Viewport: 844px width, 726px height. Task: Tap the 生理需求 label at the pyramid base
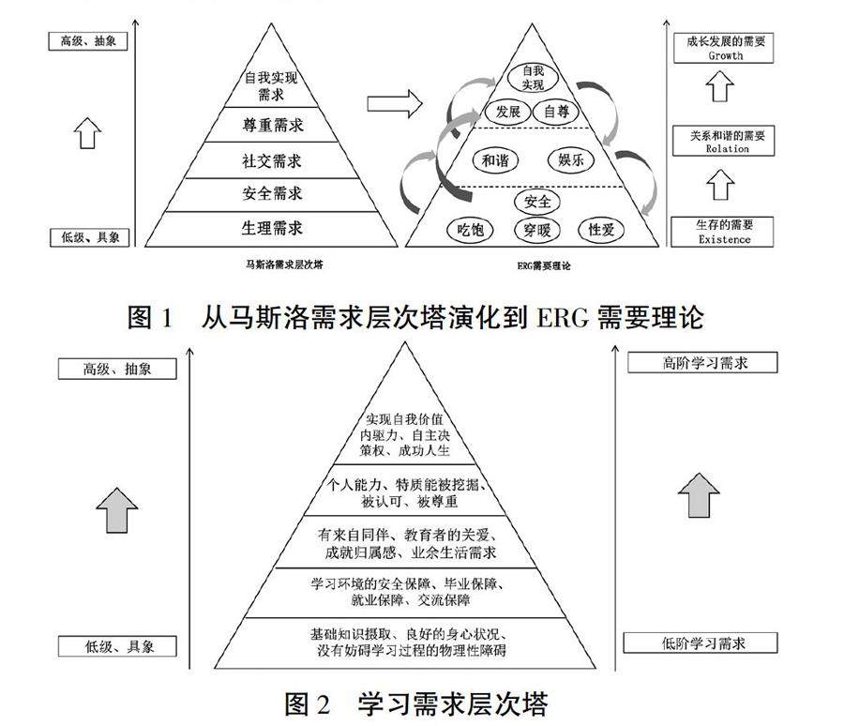[271, 228]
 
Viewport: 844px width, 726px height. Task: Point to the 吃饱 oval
[465, 230]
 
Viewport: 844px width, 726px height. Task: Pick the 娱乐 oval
[571, 160]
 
